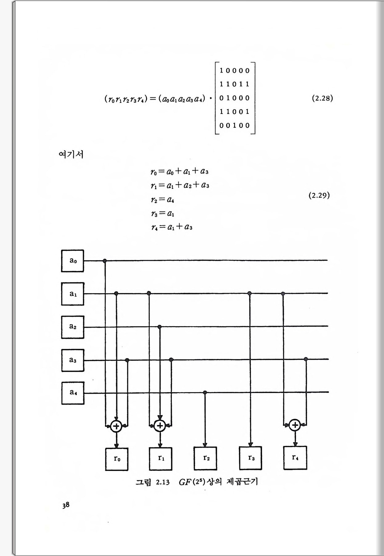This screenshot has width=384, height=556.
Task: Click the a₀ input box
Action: [73, 261]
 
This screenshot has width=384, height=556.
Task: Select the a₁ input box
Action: [73, 294]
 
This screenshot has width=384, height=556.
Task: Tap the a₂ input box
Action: [73, 327]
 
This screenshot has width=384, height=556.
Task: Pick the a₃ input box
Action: [73, 360]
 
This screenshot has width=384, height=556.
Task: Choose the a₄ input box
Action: [73, 393]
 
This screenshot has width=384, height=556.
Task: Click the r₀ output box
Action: [117, 459]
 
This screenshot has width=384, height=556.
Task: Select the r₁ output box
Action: [161, 458]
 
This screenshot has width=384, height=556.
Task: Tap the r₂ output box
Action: [205, 458]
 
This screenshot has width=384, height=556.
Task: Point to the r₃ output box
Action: [251, 458]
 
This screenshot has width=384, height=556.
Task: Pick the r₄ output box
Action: [295, 458]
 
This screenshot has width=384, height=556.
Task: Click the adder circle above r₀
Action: [116, 426]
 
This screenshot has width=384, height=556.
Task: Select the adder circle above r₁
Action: [160, 426]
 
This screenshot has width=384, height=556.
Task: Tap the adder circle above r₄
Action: [295, 425]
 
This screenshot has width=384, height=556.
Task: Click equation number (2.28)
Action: [322, 98]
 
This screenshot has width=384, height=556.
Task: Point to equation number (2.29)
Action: [319, 195]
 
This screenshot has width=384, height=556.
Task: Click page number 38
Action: [66, 505]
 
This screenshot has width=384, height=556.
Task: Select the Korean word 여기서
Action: [71, 154]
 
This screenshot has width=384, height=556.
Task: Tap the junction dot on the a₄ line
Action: [205, 393]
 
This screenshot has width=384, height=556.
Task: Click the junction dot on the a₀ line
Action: [105, 261]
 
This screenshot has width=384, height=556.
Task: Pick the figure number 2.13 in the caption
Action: [163, 482]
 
